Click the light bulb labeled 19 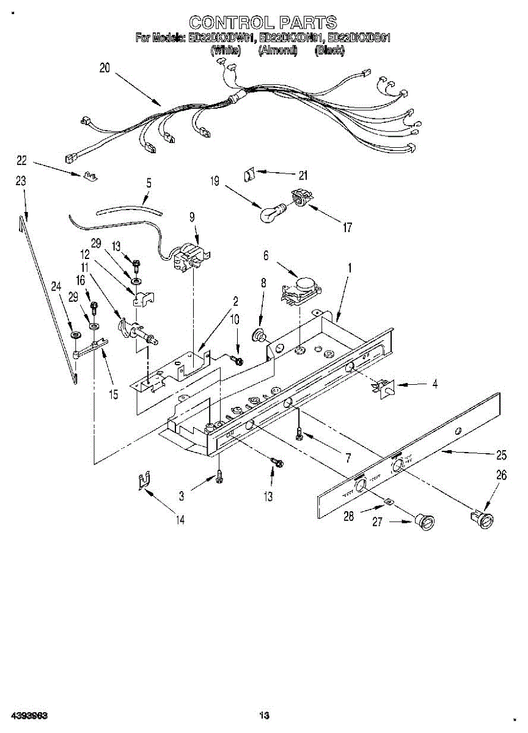270,213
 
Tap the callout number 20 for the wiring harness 105,68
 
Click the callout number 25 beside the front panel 502,454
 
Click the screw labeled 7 298,433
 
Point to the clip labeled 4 384,387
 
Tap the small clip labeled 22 89,176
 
